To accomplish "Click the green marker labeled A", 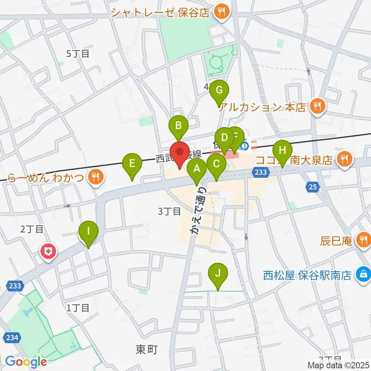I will pos(197,168).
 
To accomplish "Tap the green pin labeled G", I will pos(219,90).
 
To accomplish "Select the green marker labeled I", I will pos(88,232).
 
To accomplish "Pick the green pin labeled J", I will pos(218,274).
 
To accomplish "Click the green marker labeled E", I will pos(132,163).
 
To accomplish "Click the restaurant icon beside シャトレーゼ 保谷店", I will pos(222,12).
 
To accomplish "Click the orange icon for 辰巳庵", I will pos(363,240).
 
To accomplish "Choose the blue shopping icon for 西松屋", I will pos(363,275).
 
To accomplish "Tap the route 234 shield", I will pos(12,337).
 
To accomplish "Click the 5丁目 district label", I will pos(78,54).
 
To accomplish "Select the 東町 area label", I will pos(147,349).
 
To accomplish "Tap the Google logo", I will pos(26,362).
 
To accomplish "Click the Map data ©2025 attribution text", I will pos(338,364).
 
